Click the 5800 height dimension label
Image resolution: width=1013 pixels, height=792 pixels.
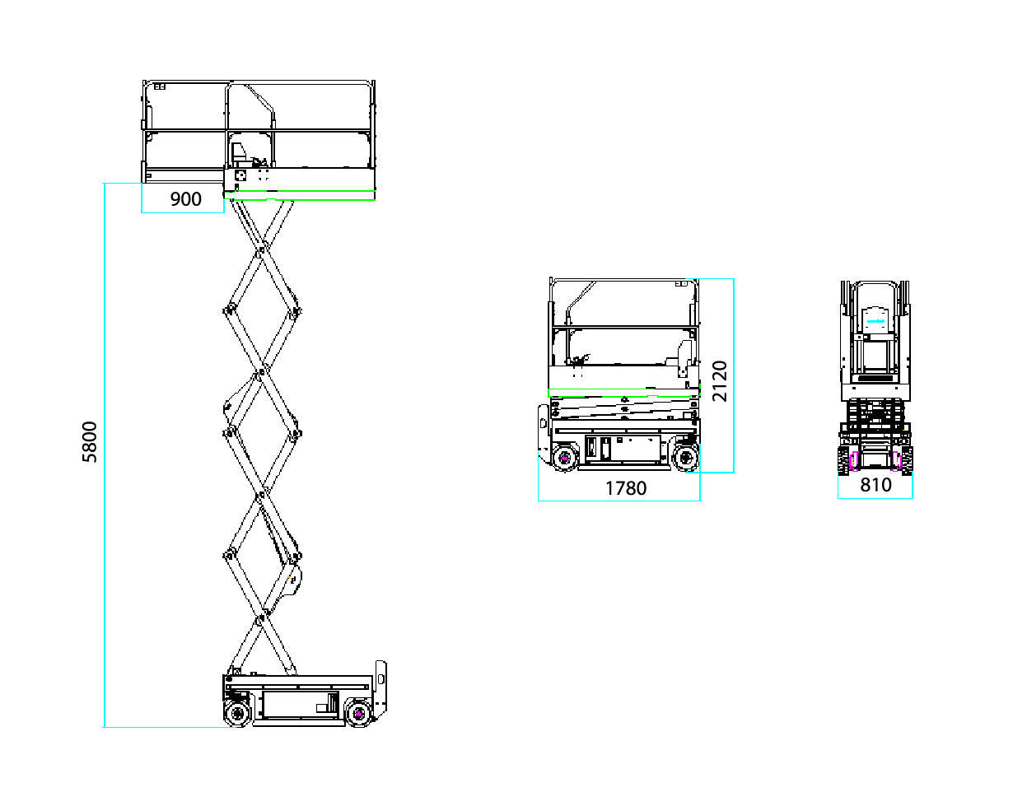pyautogui.click(x=90, y=441)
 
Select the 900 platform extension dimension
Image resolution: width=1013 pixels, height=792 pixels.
pyautogui.click(x=185, y=199)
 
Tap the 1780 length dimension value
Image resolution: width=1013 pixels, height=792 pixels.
pyautogui.click(x=626, y=488)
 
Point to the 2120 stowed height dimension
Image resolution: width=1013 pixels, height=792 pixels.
pyautogui.click(x=721, y=380)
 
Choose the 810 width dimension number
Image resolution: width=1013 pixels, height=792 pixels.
pyautogui.click(x=875, y=485)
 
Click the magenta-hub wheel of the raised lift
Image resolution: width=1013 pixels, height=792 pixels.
pyautogui.click(x=358, y=713)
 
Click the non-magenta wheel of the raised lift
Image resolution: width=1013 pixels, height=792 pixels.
pyautogui.click(x=237, y=713)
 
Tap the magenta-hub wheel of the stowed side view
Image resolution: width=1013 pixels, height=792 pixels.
pyautogui.click(x=564, y=458)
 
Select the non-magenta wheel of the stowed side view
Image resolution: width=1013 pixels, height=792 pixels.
pyautogui.click(x=685, y=458)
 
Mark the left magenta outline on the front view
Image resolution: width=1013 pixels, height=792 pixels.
pyautogui.click(x=854, y=461)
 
